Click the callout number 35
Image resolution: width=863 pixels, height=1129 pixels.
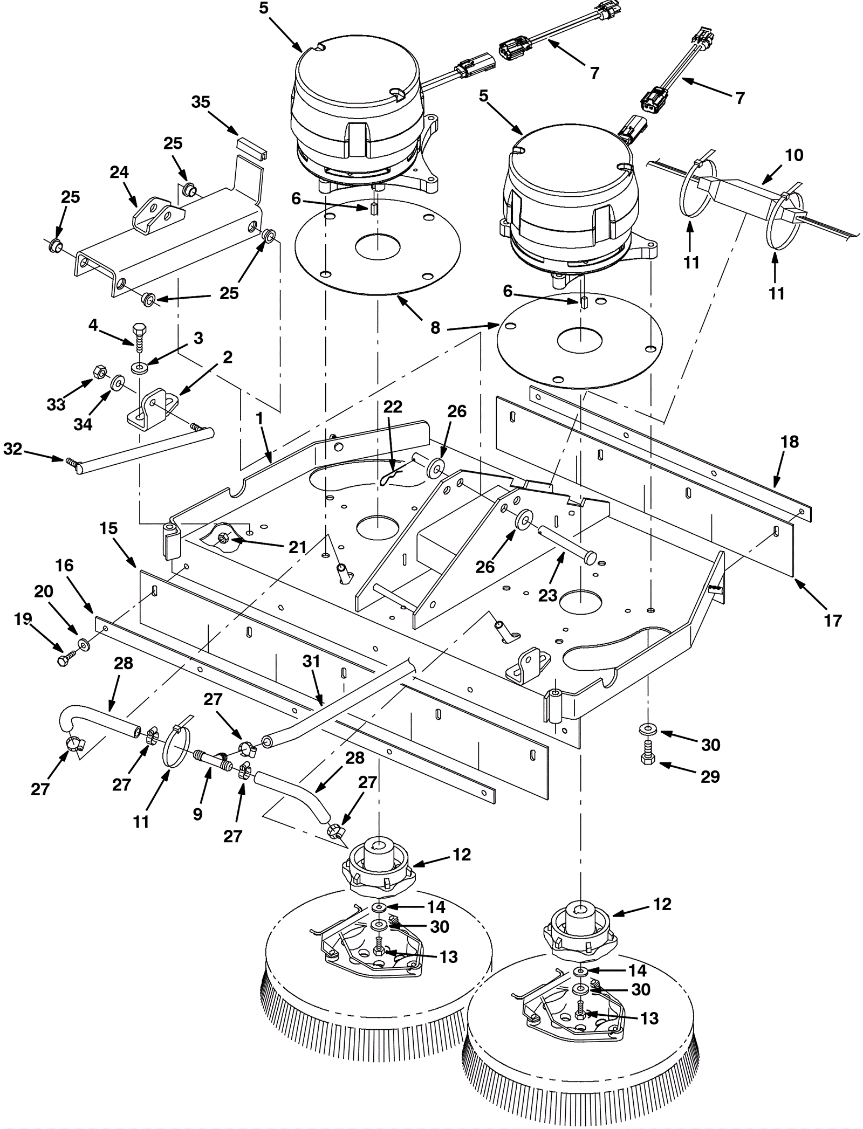click(201, 102)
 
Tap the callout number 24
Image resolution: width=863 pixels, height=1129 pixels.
click(119, 172)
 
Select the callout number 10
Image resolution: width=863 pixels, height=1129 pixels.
click(794, 155)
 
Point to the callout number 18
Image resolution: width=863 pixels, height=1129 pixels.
click(790, 442)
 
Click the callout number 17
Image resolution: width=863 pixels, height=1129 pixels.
click(833, 621)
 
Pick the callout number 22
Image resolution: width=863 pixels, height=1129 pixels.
click(393, 407)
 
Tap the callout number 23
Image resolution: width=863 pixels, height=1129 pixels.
click(548, 595)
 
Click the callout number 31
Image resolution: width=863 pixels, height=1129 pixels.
click(311, 661)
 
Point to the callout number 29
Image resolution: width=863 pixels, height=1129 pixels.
click(710, 776)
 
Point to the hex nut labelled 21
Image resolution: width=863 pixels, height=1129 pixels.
click(223, 538)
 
